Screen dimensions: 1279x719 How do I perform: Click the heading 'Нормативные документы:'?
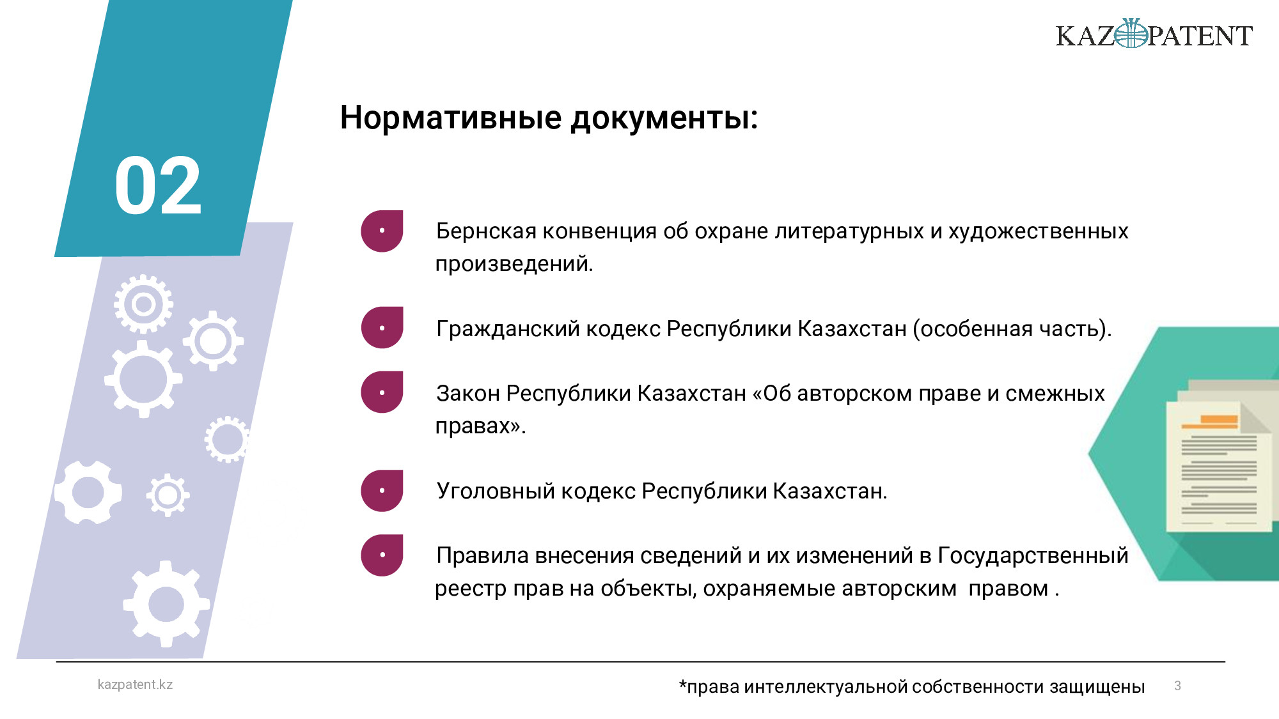pyautogui.click(x=549, y=118)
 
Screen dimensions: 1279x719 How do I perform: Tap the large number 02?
pyautogui.click(x=158, y=186)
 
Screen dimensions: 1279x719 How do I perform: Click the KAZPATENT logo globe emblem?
pyautogui.click(x=1131, y=33)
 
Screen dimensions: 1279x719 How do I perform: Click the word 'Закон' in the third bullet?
pyautogui.click(x=468, y=393)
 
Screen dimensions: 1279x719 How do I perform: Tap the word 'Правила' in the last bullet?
pyautogui.click(x=483, y=555)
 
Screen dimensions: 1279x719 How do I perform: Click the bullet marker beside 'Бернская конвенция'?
pyautogui.click(x=382, y=231)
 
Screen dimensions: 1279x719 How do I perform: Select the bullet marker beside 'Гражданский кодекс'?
pyautogui.click(x=382, y=327)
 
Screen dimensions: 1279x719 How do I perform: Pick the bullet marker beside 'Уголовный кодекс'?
pyautogui.click(x=382, y=490)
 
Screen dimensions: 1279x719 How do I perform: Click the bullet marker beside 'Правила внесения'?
pyautogui.click(x=382, y=555)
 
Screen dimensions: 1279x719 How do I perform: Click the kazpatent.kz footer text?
pyautogui.click(x=135, y=684)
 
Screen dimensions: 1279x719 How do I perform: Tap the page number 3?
pyautogui.click(x=1177, y=686)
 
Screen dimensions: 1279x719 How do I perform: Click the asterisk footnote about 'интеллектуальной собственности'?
pyautogui.click(x=912, y=687)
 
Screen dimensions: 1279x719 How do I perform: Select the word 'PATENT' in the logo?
pyautogui.click(x=1200, y=36)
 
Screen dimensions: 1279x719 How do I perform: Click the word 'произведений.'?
pyautogui.click(x=514, y=263)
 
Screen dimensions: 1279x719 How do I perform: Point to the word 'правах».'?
pyautogui.click(x=480, y=426)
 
